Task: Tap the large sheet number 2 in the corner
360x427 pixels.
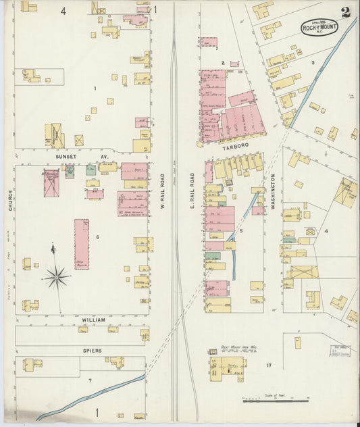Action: [345, 12]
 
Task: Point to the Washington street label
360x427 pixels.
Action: [274, 191]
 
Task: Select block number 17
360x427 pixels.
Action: [269, 366]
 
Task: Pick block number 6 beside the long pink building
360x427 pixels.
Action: [97, 236]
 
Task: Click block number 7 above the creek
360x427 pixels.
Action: [90, 381]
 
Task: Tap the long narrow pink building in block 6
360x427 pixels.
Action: [82, 244]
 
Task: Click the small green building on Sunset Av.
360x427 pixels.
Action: [91, 170]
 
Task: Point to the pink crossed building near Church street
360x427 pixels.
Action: [51, 183]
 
